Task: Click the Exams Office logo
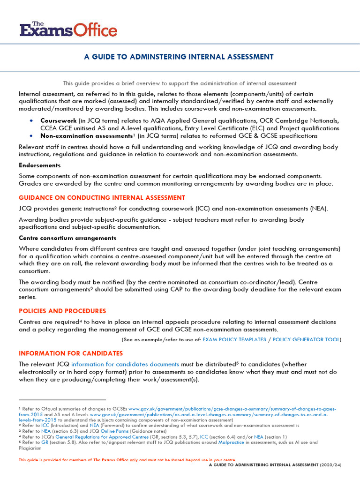(x=68, y=29)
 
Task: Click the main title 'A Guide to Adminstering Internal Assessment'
(x=179, y=57)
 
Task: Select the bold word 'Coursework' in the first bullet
(x=58, y=120)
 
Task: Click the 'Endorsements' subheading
(x=39, y=165)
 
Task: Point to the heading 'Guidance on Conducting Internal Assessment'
(x=102, y=197)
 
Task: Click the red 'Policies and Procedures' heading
(x=62, y=311)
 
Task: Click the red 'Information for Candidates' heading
(x=71, y=353)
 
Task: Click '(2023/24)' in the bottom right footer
(x=330, y=465)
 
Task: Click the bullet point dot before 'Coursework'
(x=31, y=120)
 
